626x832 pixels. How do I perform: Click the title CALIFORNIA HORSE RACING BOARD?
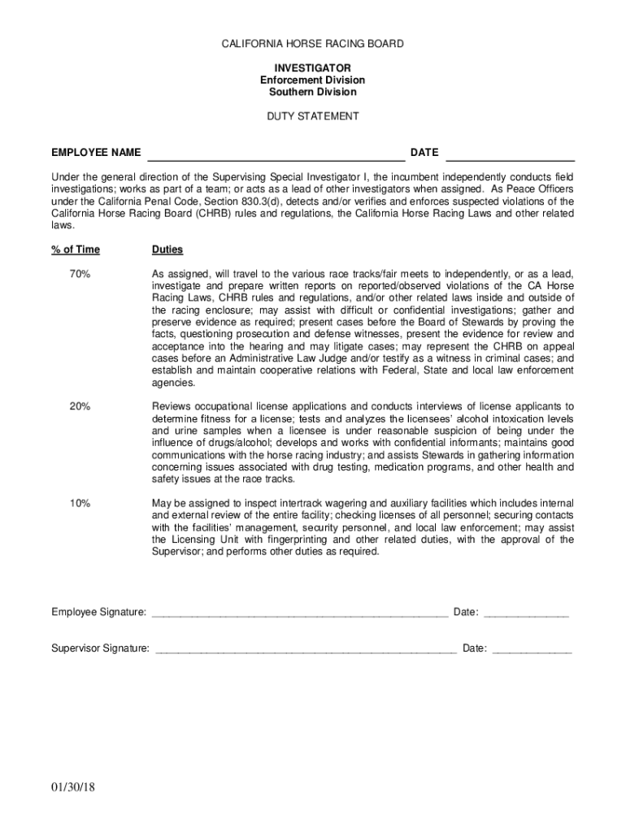tap(313, 44)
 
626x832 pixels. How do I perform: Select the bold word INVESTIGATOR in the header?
tap(313, 67)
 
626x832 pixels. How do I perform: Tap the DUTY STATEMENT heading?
tap(313, 116)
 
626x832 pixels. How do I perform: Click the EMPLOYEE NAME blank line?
tap(275, 154)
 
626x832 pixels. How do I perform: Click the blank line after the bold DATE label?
tap(511, 154)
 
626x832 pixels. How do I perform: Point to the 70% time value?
tap(80, 274)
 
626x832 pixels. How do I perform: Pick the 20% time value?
tap(80, 406)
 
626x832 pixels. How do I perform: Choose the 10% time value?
tap(80, 504)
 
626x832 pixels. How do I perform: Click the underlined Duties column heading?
tap(167, 249)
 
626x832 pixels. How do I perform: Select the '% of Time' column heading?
tap(76, 249)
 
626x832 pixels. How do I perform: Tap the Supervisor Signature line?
tap(305, 650)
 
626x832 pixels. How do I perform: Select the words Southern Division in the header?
tap(313, 92)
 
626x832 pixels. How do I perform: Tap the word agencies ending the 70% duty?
tap(174, 383)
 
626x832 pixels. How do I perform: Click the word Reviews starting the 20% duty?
tap(171, 406)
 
